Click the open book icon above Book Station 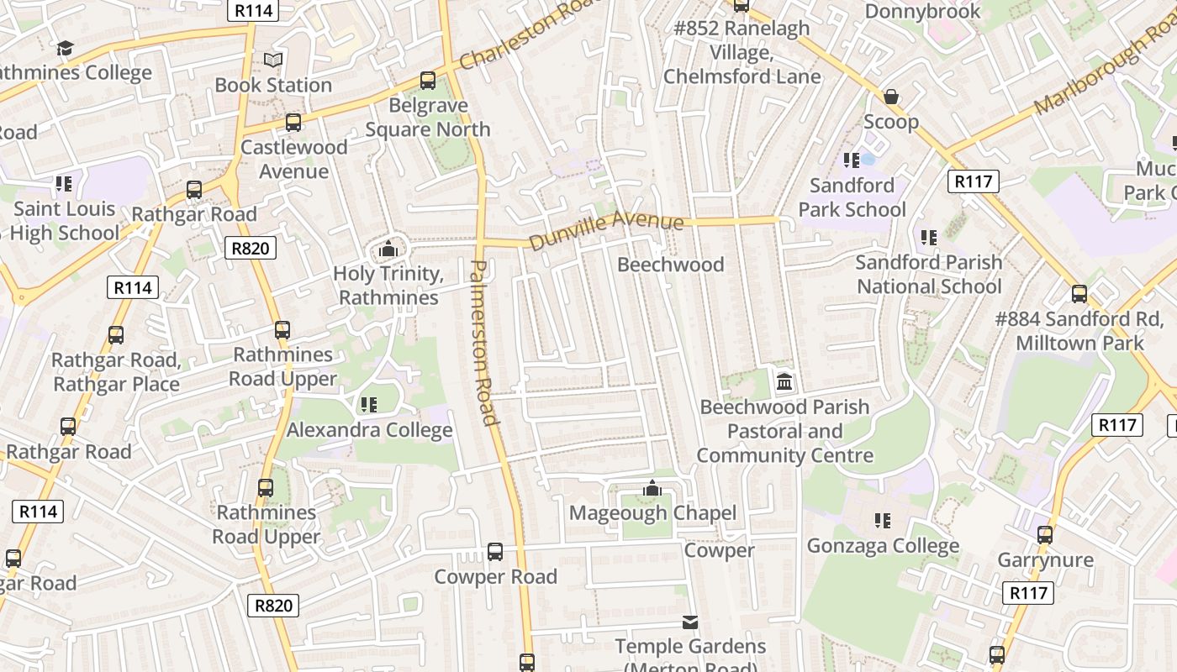(x=273, y=60)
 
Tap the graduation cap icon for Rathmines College (x=66, y=48)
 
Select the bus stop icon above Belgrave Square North (x=428, y=81)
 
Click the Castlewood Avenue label (x=293, y=159)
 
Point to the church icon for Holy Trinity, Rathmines (x=388, y=249)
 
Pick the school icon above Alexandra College (x=369, y=405)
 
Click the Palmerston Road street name (x=481, y=342)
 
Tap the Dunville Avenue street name (x=606, y=230)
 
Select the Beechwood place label (x=670, y=265)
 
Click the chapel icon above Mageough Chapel (x=652, y=488)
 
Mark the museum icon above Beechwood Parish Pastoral (x=784, y=382)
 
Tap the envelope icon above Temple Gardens (x=690, y=622)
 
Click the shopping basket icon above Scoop (x=891, y=97)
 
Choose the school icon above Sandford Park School (x=852, y=160)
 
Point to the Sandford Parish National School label (x=929, y=275)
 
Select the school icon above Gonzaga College (x=882, y=521)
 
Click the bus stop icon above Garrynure (x=1045, y=534)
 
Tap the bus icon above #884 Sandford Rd (x=1079, y=294)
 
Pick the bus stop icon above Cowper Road (x=495, y=552)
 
